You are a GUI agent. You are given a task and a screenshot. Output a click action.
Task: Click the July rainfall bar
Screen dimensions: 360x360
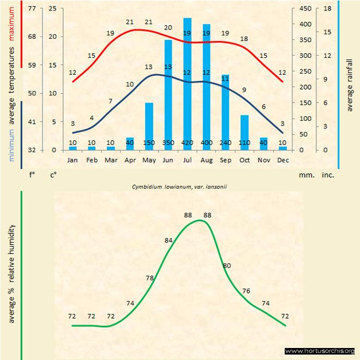tap(187, 82)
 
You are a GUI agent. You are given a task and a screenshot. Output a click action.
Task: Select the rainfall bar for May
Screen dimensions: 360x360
tap(149, 125)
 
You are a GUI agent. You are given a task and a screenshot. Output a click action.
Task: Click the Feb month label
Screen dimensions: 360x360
tap(92, 160)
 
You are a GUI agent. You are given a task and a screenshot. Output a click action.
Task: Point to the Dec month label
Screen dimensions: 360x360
tap(283, 160)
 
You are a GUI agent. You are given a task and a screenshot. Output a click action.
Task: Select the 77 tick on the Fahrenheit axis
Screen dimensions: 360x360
tap(32, 9)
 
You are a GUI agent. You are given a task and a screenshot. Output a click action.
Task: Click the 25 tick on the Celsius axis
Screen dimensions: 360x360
tap(52, 9)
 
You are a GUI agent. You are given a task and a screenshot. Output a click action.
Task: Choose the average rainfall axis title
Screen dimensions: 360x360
tap(350, 84)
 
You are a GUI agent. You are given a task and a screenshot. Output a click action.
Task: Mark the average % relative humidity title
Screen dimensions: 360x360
tap(12, 273)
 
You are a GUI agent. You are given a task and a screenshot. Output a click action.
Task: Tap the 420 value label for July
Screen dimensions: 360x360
tap(187, 143)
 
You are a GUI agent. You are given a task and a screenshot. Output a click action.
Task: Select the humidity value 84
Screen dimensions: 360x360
tap(169, 240)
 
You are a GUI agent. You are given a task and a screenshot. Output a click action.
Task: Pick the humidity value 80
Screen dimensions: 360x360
tap(227, 266)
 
